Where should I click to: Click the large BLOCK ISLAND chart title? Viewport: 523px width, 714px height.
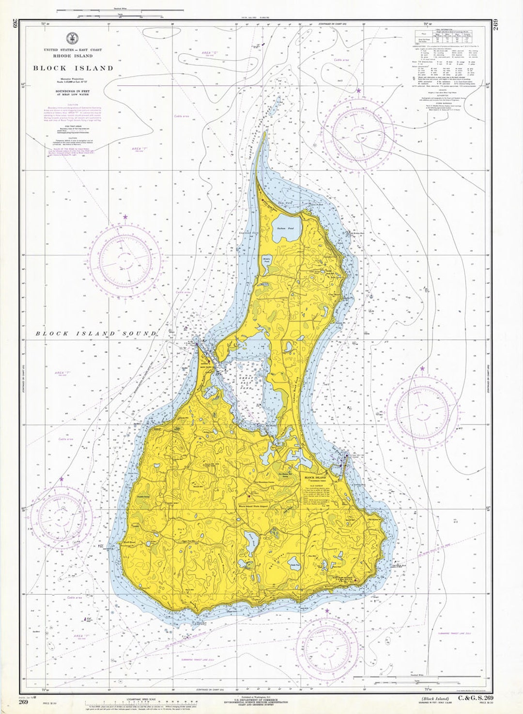(x=73, y=68)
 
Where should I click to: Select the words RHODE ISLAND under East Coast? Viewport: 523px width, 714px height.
(x=73, y=55)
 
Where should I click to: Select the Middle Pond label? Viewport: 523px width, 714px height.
(x=266, y=259)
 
